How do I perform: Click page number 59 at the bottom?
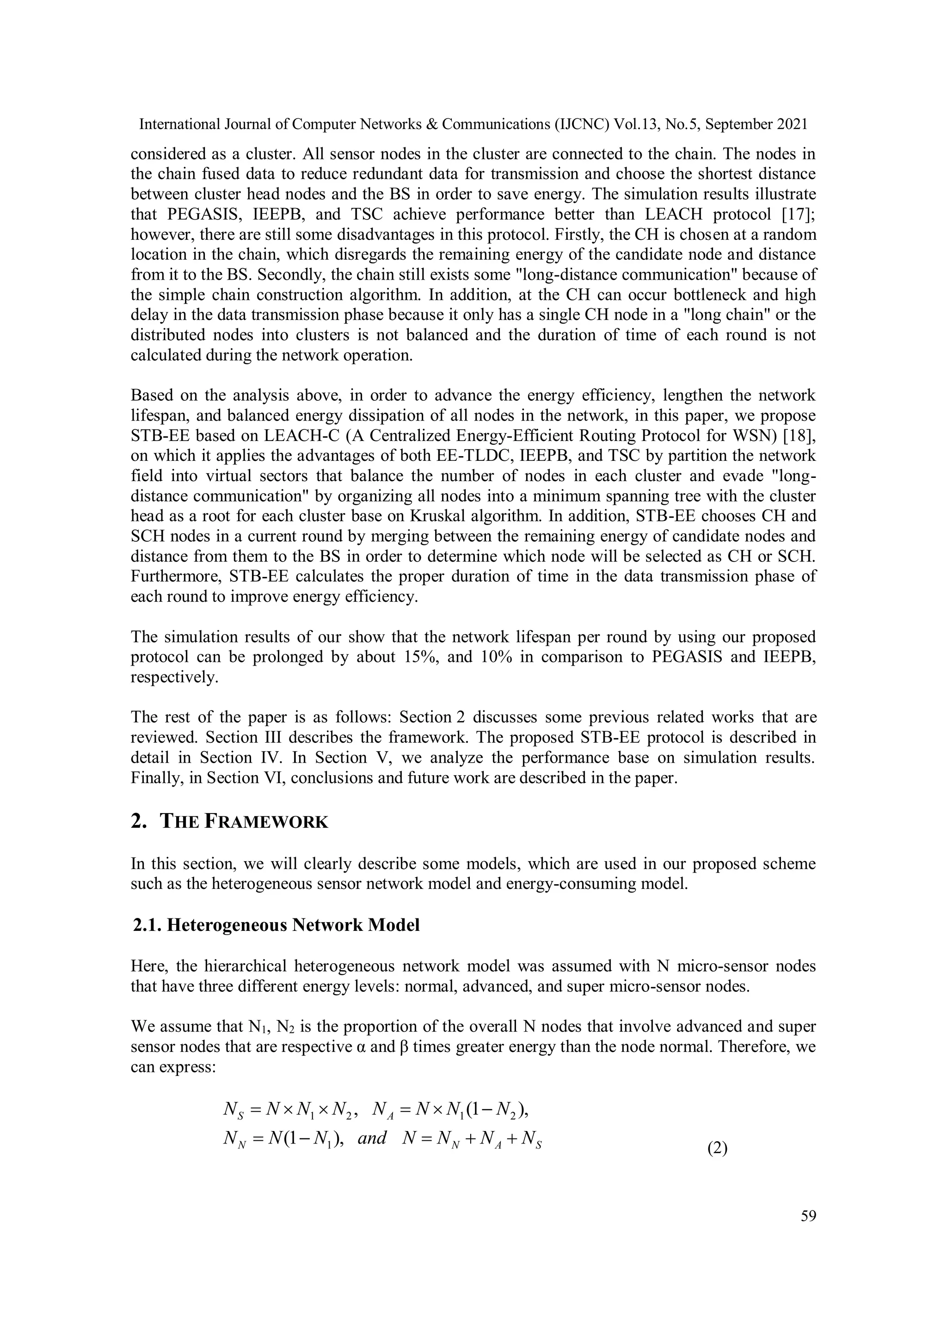click(808, 1216)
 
